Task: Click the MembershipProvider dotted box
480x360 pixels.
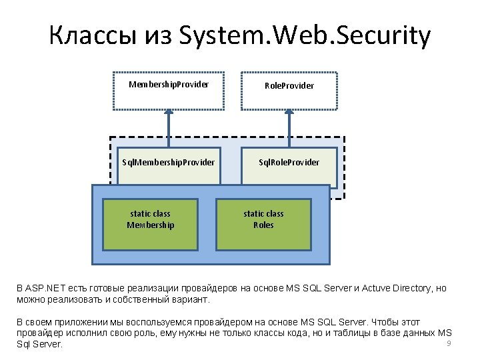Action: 168,90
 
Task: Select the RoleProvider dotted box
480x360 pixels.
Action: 289,90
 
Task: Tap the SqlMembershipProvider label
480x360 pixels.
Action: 168,162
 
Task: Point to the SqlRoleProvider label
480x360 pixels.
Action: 289,162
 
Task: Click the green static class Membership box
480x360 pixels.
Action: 151,223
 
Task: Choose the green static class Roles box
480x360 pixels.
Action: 263,223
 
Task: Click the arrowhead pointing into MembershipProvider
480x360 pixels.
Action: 169,115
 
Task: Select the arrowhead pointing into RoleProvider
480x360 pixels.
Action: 289,115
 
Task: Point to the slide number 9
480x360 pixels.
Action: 449,343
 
